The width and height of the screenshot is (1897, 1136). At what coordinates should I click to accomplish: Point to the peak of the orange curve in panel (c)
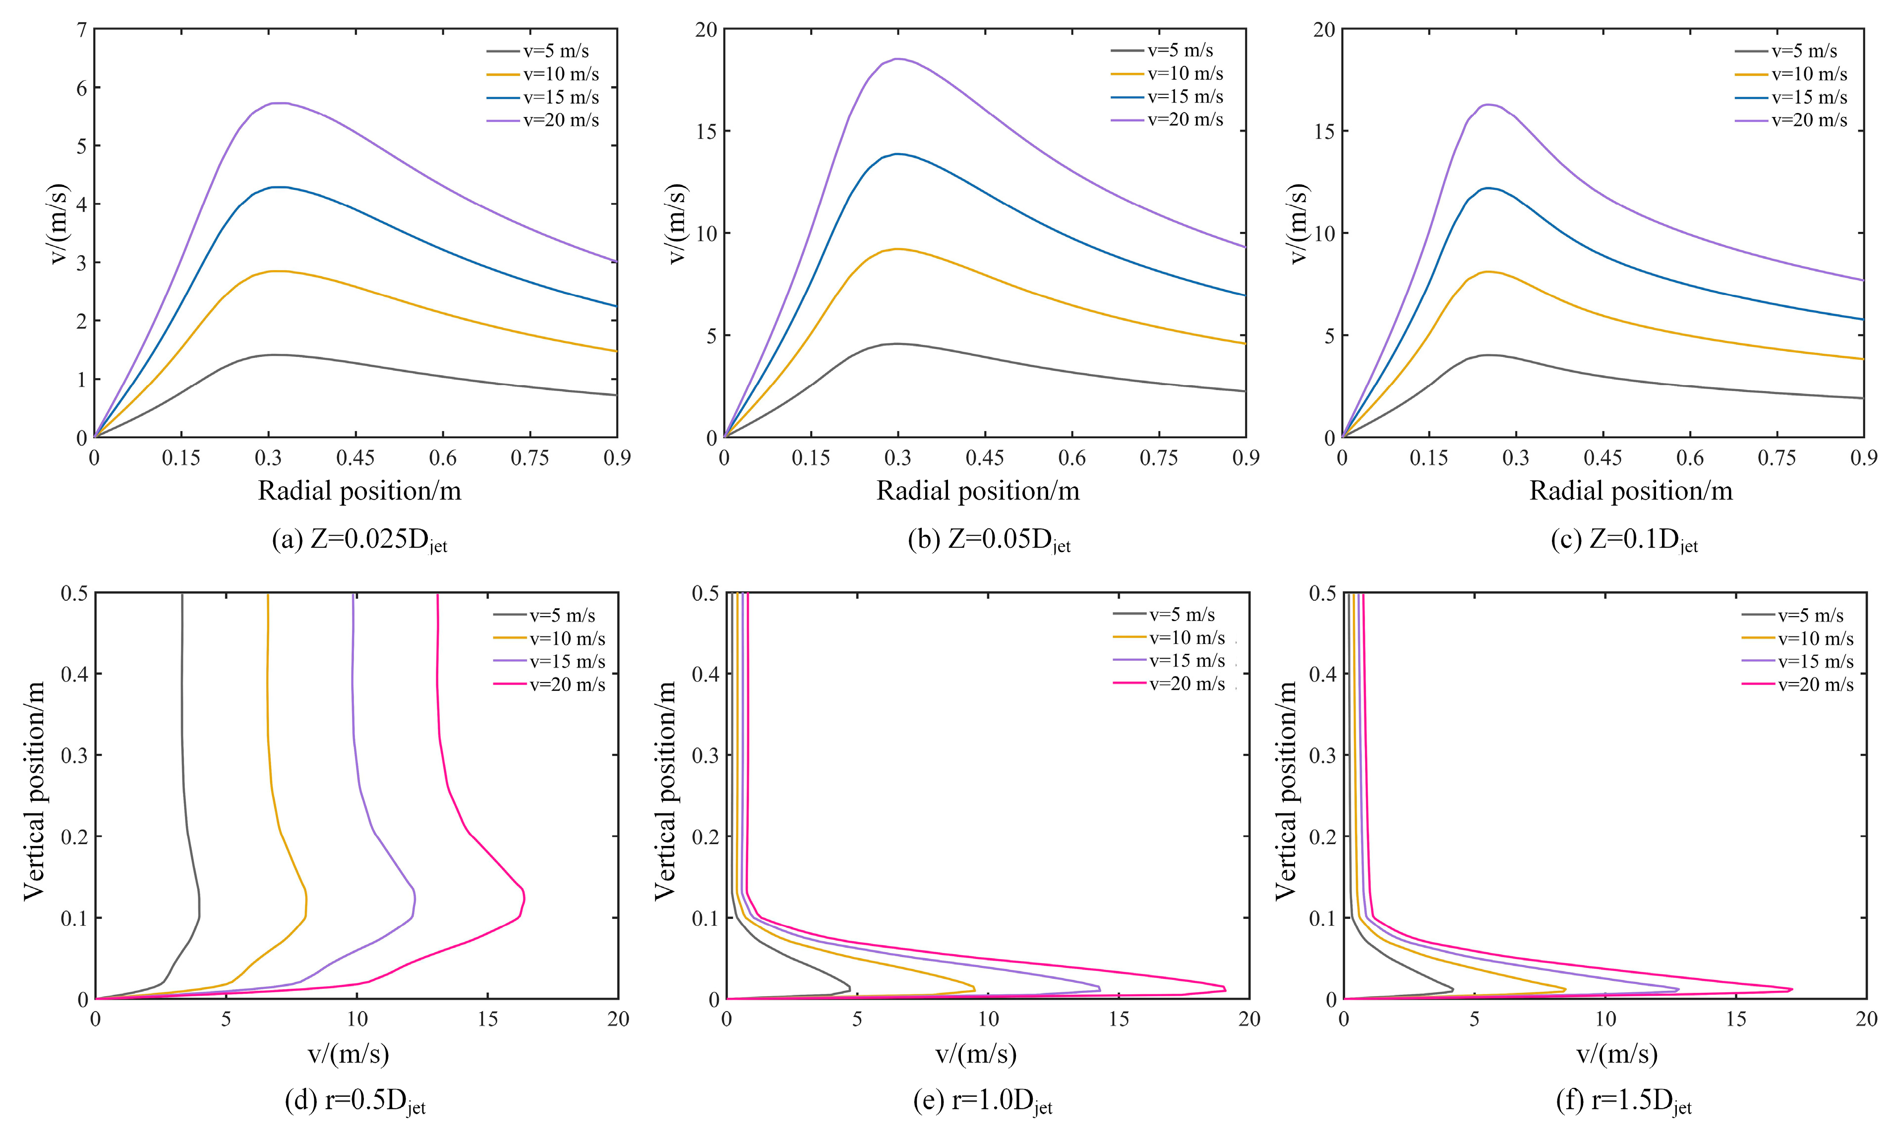coord(1489,272)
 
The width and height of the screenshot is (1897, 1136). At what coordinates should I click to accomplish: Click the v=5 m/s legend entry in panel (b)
coord(1180,51)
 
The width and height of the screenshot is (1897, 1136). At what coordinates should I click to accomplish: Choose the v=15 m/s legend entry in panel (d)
coord(567,661)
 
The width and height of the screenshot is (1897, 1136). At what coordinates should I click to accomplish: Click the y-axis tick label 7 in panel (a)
coord(82,30)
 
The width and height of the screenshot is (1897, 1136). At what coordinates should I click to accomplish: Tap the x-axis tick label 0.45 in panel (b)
coord(985,458)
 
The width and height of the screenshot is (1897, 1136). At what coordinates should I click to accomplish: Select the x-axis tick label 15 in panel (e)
coord(1119,1019)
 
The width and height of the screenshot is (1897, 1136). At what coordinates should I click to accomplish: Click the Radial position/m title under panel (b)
coord(978,491)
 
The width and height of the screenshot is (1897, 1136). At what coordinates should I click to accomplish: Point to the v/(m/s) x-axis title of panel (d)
coord(349,1054)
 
